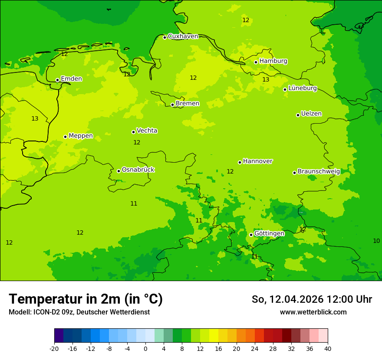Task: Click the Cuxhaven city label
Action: [x=183, y=36]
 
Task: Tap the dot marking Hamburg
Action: [x=256, y=62]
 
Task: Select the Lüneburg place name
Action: [x=302, y=88]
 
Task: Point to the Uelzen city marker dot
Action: [x=298, y=115]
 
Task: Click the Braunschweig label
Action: [x=319, y=171]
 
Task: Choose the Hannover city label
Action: [x=257, y=161]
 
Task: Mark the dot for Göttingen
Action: [x=251, y=235]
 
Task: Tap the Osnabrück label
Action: [x=138, y=170]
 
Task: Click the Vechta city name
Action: [x=147, y=131]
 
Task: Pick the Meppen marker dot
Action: [x=66, y=137]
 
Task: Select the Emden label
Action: [x=71, y=79]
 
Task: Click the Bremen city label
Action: [x=188, y=104]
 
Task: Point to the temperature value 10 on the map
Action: [x=376, y=241]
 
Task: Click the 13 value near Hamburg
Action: [x=266, y=79]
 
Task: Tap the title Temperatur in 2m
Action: [x=86, y=299]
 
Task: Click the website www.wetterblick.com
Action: [x=313, y=312]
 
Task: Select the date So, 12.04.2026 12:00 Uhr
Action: [x=312, y=299]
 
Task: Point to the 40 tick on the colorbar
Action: [x=327, y=348]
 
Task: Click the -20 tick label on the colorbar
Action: [x=54, y=348]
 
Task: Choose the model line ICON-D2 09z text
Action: [x=79, y=312]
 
